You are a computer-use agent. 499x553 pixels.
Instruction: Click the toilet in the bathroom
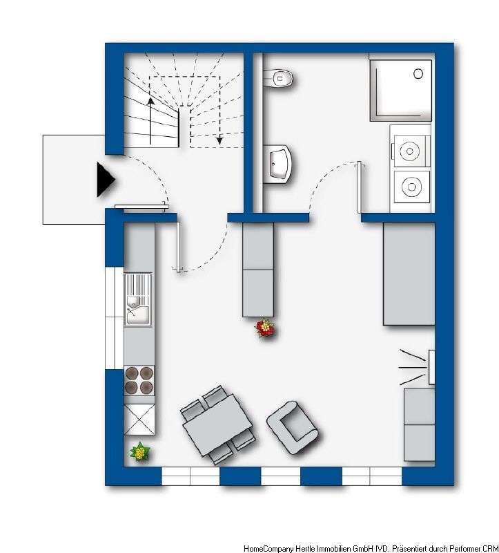278,78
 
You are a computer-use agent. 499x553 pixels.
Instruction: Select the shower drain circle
418,74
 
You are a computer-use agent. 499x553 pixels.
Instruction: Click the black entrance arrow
106,179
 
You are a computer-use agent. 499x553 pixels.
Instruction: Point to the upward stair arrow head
150,101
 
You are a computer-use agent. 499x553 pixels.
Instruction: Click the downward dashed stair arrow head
219,140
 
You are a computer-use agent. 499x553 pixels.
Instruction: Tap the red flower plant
265,328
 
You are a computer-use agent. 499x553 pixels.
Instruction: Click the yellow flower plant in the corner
140,452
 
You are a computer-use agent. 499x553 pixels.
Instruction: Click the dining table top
217,424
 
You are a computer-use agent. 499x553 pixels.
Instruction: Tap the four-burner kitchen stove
139,380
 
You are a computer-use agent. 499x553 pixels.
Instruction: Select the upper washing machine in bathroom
409,151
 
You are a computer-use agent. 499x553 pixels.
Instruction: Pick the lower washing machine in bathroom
411,187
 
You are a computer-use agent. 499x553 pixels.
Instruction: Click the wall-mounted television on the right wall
431,367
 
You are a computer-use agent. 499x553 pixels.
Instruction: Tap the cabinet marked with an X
139,420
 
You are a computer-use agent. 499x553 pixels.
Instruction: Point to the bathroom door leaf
359,187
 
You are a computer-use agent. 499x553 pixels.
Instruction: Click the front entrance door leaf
140,207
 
